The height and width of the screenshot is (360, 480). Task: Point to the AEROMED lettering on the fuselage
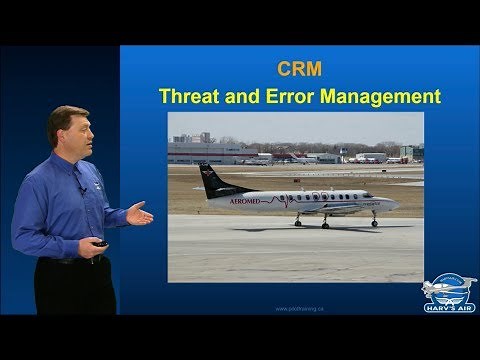[245, 201]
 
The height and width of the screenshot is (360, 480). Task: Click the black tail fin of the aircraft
[212, 181]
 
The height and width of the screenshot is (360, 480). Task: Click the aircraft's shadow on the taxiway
[320, 228]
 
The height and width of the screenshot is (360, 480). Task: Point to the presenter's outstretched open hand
[139, 212]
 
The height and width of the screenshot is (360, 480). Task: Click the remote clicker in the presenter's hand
[100, 243]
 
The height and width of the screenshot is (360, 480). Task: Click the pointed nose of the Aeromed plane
[397, 204]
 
